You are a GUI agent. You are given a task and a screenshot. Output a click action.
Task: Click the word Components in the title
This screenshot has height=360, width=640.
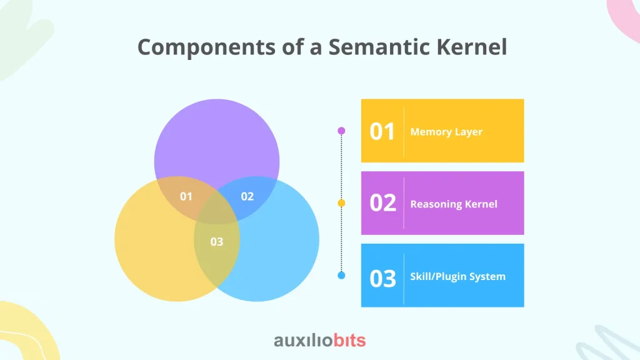[x=206, y=47]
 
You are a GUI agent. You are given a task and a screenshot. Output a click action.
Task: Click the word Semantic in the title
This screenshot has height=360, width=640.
[x=379, y=47]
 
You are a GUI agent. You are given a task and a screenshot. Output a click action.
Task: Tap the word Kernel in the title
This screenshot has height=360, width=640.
[x=472, y=46]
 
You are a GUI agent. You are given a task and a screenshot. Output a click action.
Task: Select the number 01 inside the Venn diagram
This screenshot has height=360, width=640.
[x=186, y=196]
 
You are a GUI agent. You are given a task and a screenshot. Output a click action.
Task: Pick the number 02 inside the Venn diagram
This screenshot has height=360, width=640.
[x=247, y=196]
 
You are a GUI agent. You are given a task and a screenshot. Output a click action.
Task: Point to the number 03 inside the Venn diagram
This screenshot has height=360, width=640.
[x=217, y=242]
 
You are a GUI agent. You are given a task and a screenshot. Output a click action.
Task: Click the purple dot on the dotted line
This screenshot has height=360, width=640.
[x=342, y=131]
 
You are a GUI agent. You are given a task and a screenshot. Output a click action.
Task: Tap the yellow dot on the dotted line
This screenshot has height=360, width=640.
[x=342, y=203]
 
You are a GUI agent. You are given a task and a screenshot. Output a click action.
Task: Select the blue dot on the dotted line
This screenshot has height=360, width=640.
[x=342, y=276]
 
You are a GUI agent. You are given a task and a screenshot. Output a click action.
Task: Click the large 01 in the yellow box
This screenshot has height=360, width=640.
[x=382, y=131]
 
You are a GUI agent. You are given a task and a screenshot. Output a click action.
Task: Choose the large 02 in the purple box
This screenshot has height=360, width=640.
[x=383, y=203]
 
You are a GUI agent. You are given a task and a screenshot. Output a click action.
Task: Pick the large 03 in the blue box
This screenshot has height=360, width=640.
[x=383, y=278]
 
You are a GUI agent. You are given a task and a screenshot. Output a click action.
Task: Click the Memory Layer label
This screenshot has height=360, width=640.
[x=446, y=132]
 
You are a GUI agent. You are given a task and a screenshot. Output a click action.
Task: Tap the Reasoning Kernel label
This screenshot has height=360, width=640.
[x=454, y=204]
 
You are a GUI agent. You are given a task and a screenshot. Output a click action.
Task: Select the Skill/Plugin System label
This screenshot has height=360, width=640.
[x=457, y=276]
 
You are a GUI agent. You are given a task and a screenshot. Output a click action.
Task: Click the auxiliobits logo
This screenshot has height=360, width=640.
[x=320, y=340]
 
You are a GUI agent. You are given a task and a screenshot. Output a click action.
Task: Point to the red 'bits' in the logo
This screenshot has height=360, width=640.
[x=350, y=340]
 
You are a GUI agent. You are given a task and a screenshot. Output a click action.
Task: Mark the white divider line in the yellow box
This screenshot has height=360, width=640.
[x=404, y=132]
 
